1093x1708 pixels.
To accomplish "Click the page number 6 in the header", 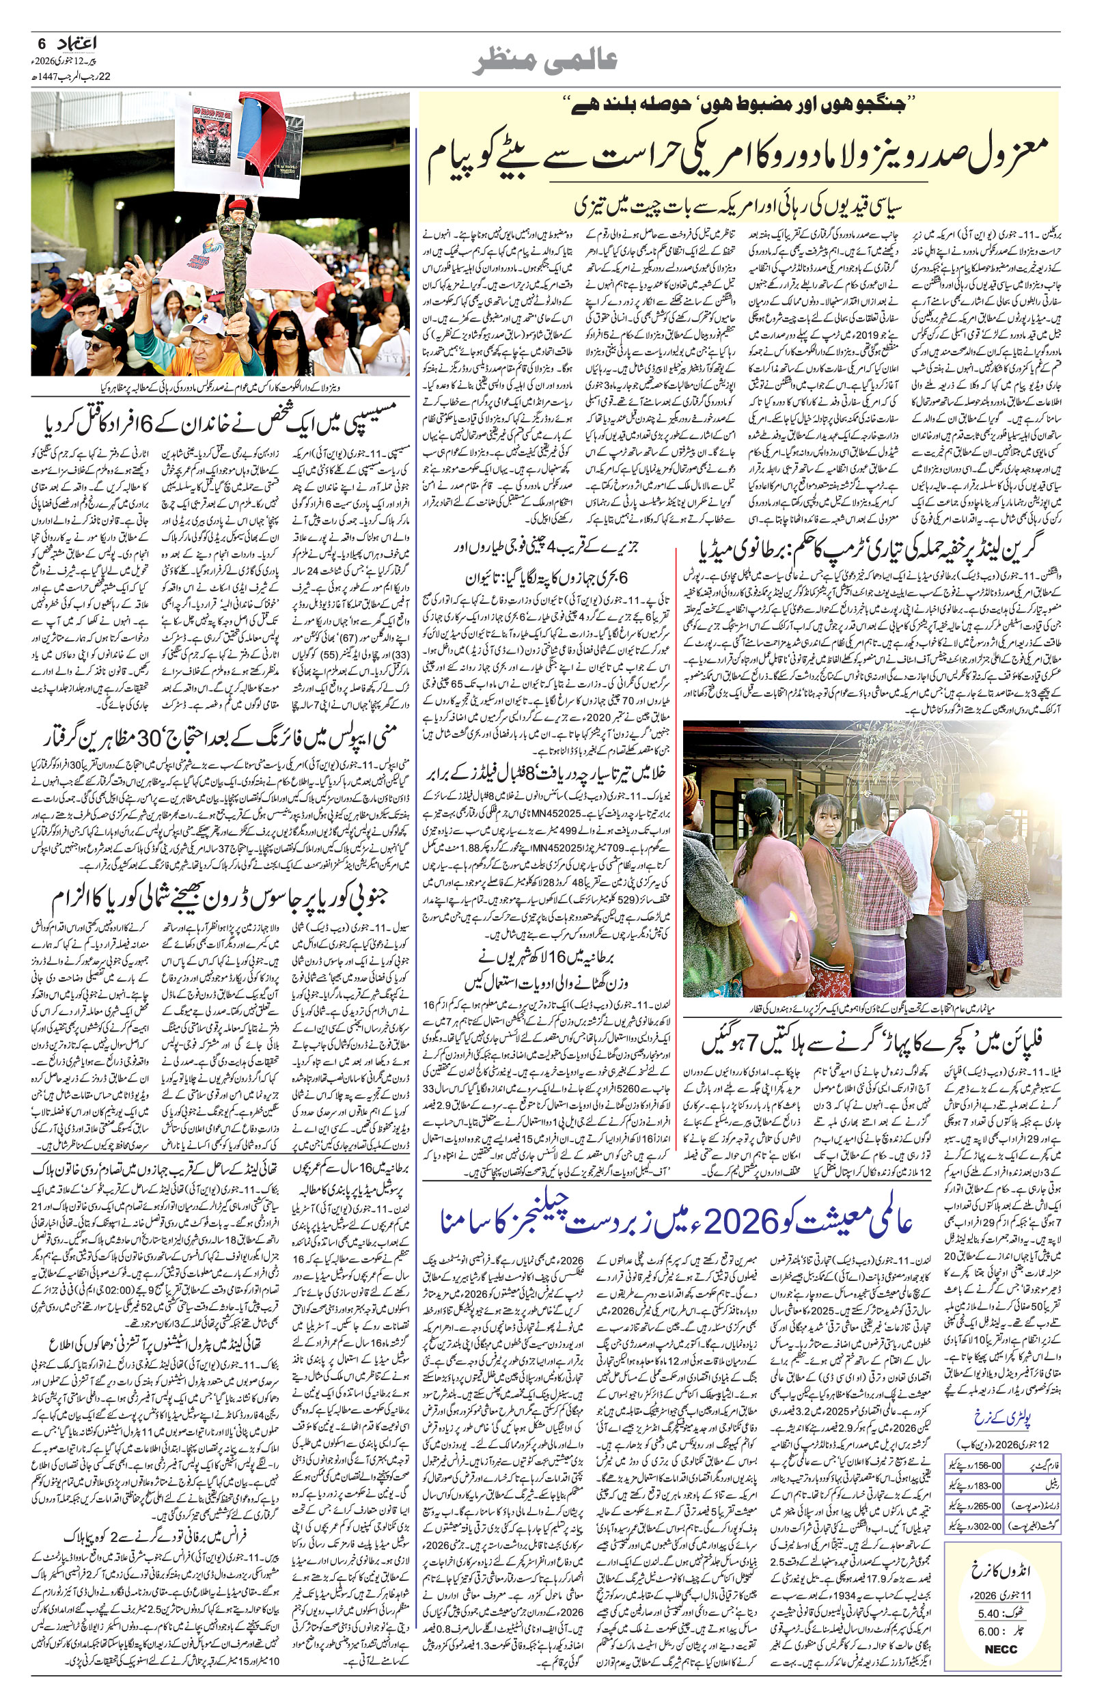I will pyautogui.click(x=40, y=42).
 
